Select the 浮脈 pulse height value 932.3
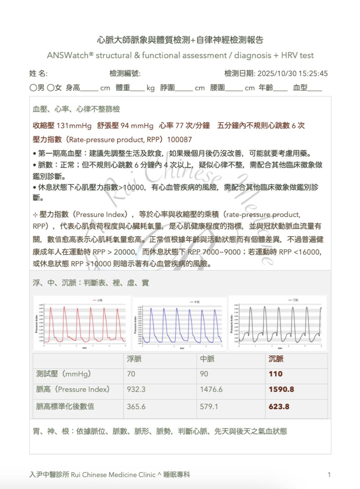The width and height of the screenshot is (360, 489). (136, 389)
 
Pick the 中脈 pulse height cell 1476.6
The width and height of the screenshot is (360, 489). (211, 389)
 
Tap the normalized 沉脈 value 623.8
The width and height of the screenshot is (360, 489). (279, 406)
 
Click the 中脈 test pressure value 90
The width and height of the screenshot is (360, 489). (204, 374)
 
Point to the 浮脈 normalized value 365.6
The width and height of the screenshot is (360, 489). (136, 406)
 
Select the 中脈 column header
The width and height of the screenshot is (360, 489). (207, 359)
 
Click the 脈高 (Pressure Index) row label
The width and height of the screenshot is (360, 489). (73, 389)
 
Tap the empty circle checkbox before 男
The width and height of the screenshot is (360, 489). (33, 88)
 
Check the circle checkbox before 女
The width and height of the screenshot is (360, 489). (50, 88)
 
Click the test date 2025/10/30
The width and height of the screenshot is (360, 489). (277, 74)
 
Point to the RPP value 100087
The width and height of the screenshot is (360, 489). (179, 140)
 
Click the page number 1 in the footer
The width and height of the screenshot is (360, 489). (329, 475)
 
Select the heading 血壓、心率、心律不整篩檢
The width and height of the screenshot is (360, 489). (76, 109)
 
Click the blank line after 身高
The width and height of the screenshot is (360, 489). (89, 89)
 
